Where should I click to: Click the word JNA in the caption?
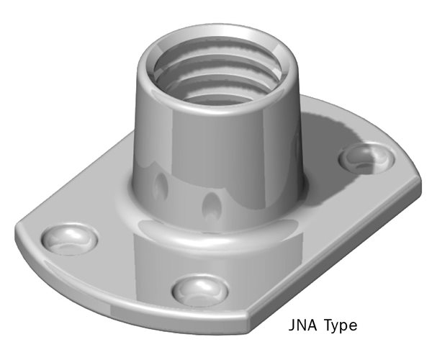(x=302, y=325)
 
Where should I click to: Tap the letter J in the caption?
(x=292, y=325)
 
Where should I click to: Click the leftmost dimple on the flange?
(x=68, y=238)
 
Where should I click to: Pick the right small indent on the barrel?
(x=211, y=207)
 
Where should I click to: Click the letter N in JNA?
(x=302, y=325)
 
